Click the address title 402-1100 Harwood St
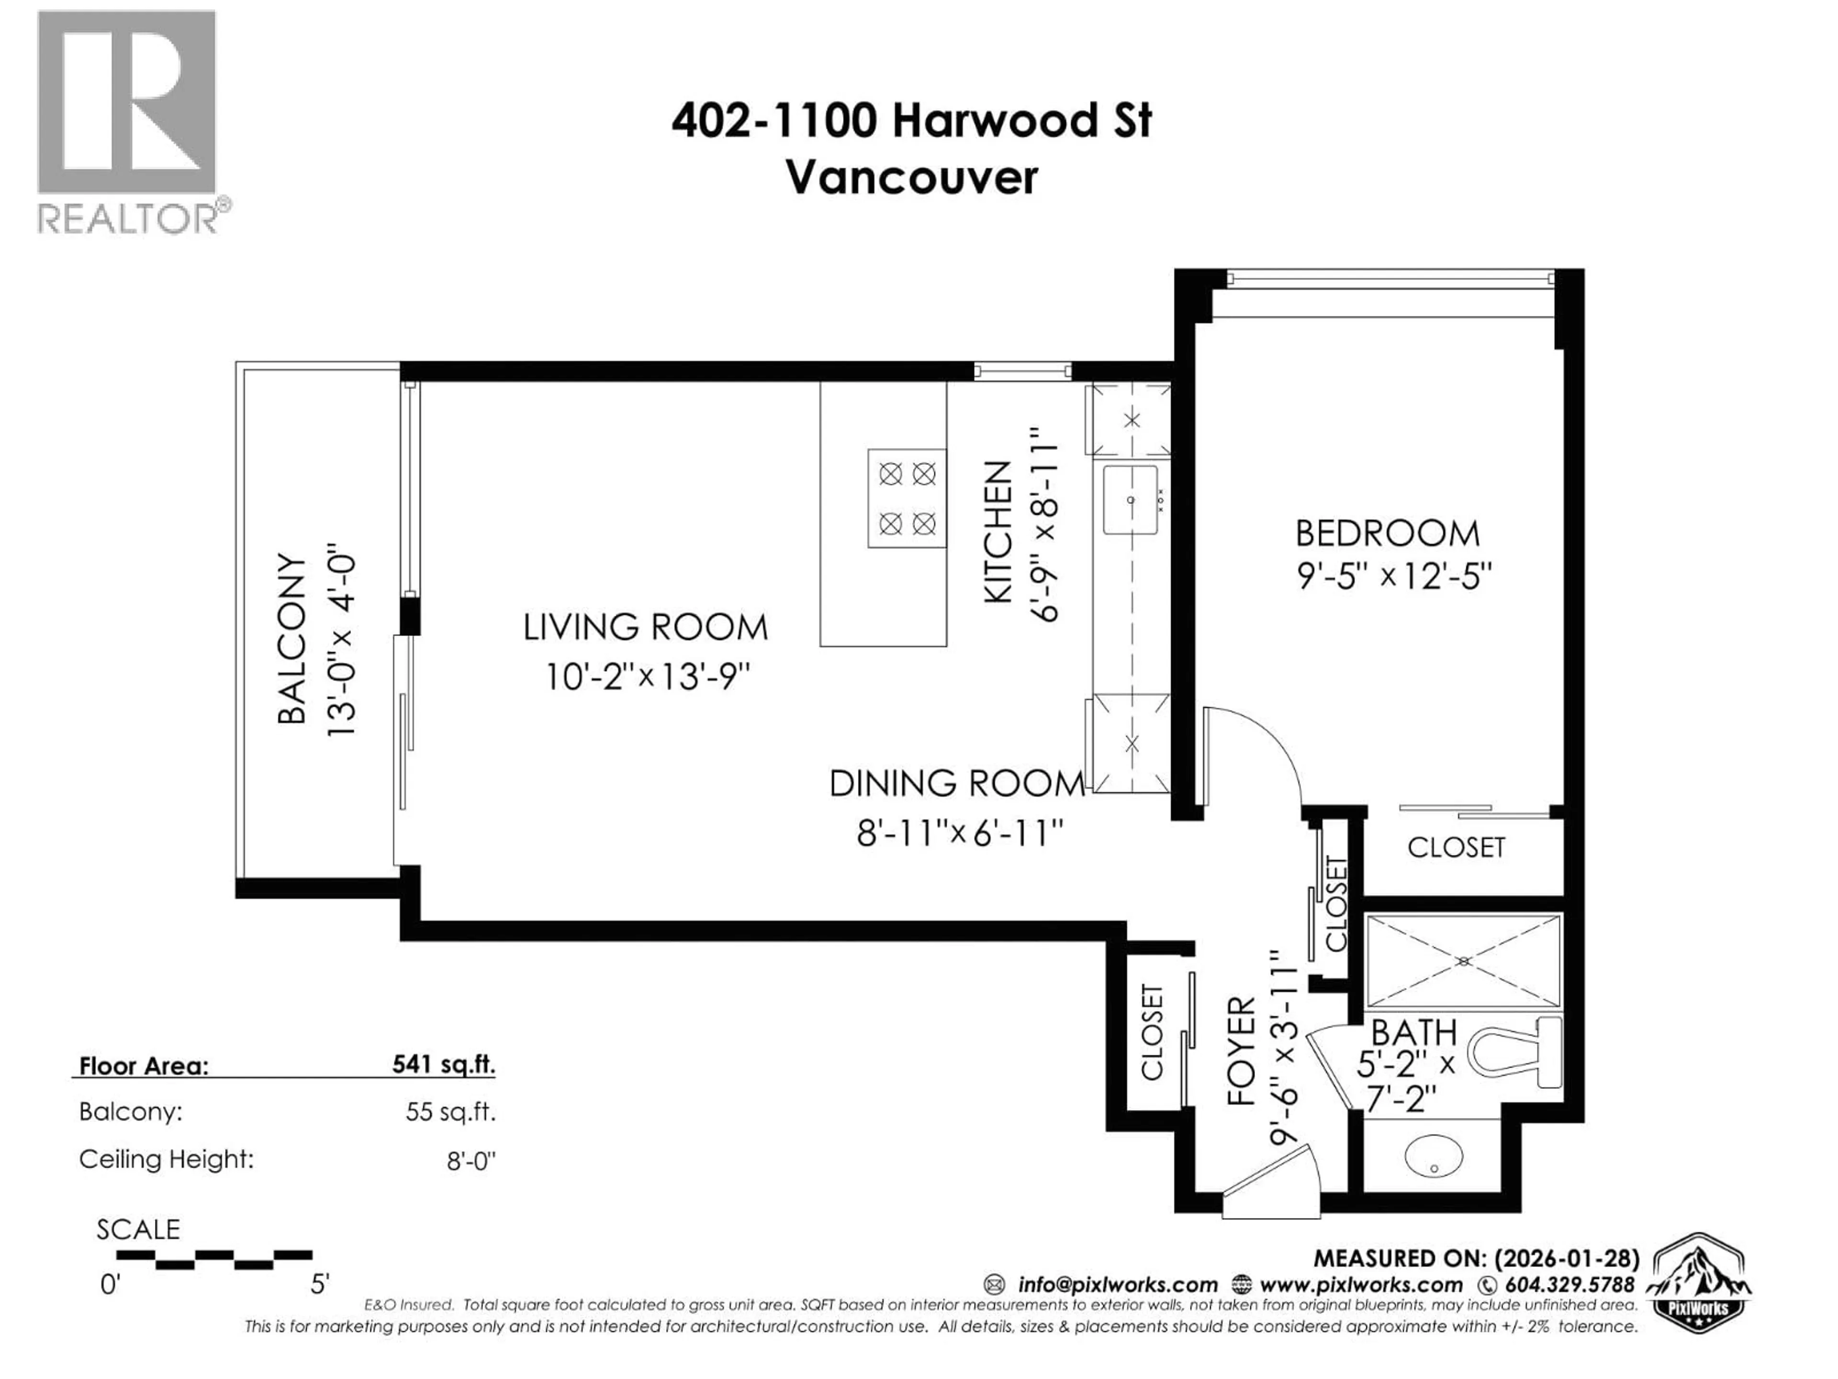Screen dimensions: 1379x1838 [911, 121]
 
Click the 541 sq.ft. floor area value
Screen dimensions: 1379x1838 [444, 1065]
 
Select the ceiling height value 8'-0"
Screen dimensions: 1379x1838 [471, 1160]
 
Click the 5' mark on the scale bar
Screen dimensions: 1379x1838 [319, 1284]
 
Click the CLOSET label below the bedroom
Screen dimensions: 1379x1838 [1456, 847]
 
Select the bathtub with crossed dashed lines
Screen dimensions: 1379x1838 [1463, 962]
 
